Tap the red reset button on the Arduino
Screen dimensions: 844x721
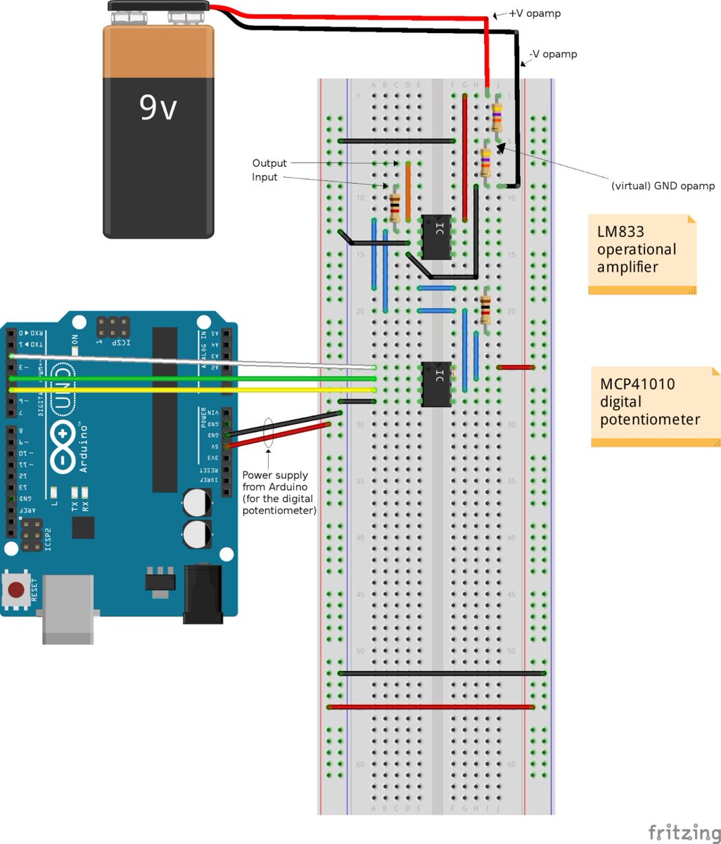pyautogui.click(x=18, y=589)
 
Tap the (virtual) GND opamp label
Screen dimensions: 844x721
pyautogui.click(x=663, y=186)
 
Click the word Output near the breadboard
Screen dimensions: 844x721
pyautogui.click(x=269, y=163)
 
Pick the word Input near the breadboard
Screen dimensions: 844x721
pyautogui.click(x=264, y=177)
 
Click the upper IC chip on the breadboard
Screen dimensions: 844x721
pyautogui.click(x=435, y=237)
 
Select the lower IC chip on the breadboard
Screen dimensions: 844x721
pyautogui.click(x=435, y=384)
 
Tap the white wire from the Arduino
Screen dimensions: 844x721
pyautogui.click(x=190, y=362)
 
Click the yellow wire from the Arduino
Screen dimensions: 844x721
pyautogui.click(x=190, y=390)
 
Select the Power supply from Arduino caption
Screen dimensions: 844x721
pyautogui.click(x=279, y=493)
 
